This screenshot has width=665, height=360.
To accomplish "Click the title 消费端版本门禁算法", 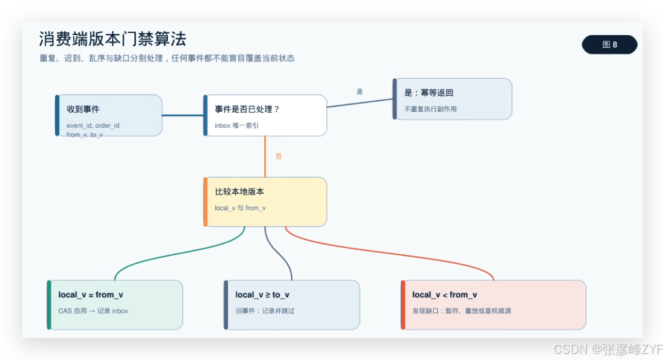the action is pos(112,39).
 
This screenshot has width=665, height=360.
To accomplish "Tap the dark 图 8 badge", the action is pos(609,45).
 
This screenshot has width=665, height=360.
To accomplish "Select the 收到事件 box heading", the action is pos(83,109).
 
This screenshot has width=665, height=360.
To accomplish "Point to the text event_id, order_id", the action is pos(93,126).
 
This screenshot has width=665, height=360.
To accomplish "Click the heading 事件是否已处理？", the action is pos(247,109).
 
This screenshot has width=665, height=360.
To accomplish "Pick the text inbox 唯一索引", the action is pos(237,126).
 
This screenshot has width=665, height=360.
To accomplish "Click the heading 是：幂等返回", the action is pos(429,93).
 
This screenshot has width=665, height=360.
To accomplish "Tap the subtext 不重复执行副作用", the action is pos(430,109).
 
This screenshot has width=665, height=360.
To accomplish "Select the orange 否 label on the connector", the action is pos(279,156).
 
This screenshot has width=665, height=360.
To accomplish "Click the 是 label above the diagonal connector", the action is pos(359,92).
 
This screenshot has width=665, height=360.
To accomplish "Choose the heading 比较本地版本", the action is pos(239,192).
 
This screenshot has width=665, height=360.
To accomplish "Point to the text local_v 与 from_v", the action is pos(240,208).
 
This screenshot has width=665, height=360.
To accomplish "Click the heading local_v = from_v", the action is pos(91,294).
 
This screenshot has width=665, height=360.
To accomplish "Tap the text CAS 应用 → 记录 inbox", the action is pos(93,310).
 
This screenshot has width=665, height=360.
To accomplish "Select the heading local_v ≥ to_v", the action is pos(263,294).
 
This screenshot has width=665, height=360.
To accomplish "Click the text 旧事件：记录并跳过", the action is pos(265,310).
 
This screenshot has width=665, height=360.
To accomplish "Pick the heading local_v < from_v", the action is pos(445,294).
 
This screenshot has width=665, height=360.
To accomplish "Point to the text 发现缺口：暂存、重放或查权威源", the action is pos(462,310).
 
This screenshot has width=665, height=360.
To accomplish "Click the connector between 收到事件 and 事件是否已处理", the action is pos(183,115).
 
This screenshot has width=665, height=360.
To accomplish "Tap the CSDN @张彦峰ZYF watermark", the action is pos(609,350).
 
